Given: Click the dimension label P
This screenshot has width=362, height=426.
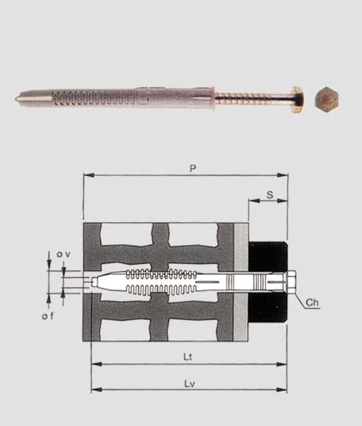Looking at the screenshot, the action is [x=193, y=169].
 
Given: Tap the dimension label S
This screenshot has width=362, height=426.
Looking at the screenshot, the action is [x=270, y=195].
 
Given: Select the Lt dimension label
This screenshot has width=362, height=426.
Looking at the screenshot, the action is [x=188, y=357].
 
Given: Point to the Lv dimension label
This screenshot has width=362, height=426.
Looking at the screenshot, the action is [x=190, y=384].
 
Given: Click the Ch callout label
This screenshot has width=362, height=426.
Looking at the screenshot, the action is [x=312, y=303].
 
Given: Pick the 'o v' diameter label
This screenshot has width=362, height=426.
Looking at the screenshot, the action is [x=63, y=254].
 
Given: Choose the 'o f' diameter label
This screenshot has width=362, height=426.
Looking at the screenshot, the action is [x=48, y=317].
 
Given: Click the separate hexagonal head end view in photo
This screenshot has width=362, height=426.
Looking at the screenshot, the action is [x=327, y=99].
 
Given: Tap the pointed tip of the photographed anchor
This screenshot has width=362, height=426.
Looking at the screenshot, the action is [x=16, y=99].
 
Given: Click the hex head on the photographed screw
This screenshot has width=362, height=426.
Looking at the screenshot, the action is [x=297, y=100].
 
